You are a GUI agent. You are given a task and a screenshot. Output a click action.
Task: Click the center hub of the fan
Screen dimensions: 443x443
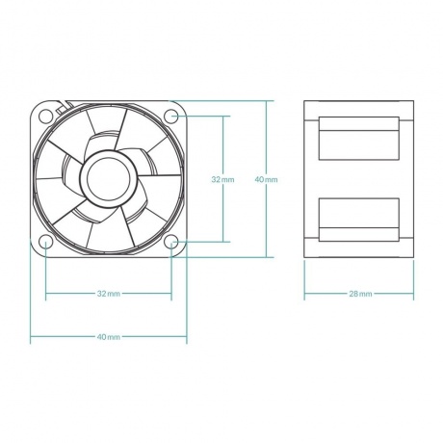pos(109,178)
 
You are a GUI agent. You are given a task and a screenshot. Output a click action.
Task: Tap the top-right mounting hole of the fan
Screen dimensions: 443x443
pos(171,117)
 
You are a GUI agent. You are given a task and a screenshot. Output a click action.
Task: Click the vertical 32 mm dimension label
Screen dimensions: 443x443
pos(221,179)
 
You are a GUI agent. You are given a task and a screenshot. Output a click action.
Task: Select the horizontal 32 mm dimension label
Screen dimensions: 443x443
pos(109,293)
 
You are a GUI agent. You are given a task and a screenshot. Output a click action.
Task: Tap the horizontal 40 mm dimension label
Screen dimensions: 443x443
pos(109,337)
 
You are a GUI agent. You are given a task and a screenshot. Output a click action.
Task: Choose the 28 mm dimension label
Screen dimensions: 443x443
pos(359,293)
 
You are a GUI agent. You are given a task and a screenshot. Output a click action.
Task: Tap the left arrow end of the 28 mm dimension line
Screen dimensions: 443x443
pos(305,293)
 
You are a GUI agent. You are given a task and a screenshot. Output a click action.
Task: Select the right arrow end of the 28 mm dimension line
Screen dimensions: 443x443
pos(412,293)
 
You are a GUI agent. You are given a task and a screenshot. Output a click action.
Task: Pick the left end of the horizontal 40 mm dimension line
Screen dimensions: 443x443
pos(31,337)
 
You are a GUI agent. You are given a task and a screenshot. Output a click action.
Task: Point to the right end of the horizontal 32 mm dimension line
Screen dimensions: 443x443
pos(171,293)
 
